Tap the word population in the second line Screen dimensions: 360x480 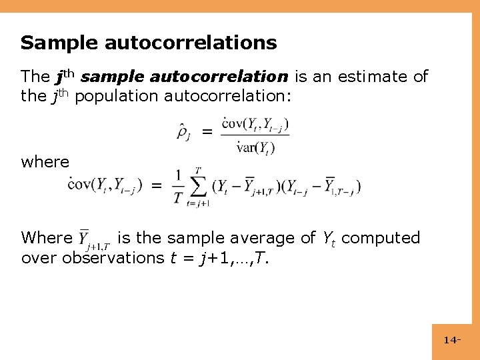113,96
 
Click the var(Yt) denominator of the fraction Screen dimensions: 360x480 256,147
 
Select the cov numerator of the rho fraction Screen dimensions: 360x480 255,124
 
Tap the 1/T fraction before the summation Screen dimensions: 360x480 178,187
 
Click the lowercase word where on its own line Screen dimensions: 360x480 45,162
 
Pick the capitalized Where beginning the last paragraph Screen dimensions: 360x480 47,238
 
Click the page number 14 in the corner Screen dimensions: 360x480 451,341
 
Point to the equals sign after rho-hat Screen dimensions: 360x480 208,133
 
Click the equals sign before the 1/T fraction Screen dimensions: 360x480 157,186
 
